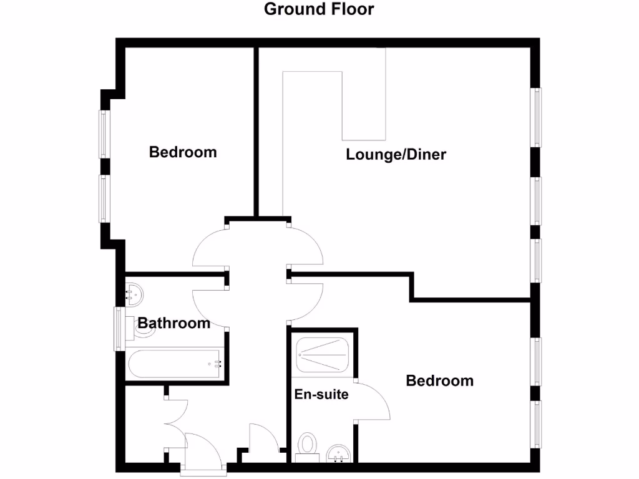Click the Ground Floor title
pos(319,9)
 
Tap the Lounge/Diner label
pos(396,155)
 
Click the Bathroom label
pos(173,323)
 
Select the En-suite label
pos(321,394)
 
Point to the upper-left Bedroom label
pos(183,152)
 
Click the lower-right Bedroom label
pos(439,380)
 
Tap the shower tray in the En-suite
pos(323,356)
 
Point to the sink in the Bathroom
pos(134,291)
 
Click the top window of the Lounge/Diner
pos(536,117)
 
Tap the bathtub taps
pos(218,364)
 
